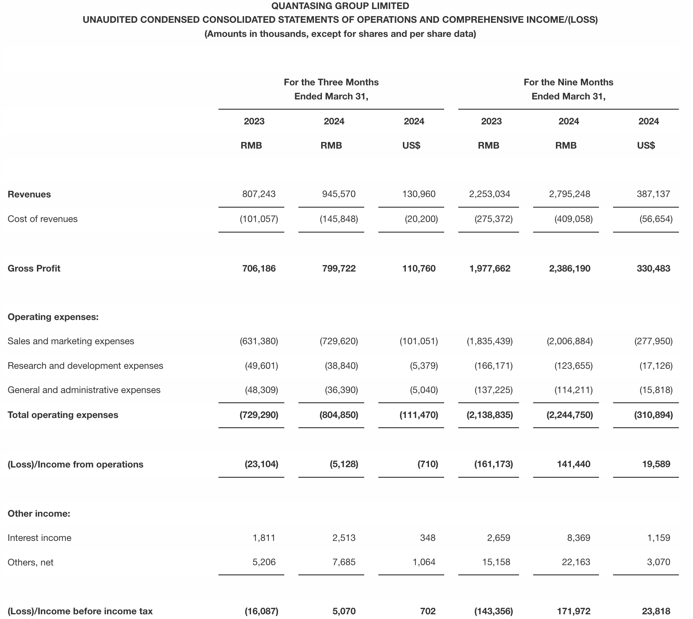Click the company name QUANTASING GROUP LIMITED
(x=340, y=6)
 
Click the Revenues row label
(x=29, y=194)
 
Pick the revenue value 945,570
(x=339, y=194)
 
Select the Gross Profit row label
(x=34, y=268)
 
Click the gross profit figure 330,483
(x=653, y=268)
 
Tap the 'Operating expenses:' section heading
(x=53, y=317)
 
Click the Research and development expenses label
(x=85, y=366)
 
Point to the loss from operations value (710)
(x=428, y=464)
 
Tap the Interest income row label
(x=39, y=538)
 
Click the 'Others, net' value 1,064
(x=424, y=562)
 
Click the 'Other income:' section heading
(x=39, y=513)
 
